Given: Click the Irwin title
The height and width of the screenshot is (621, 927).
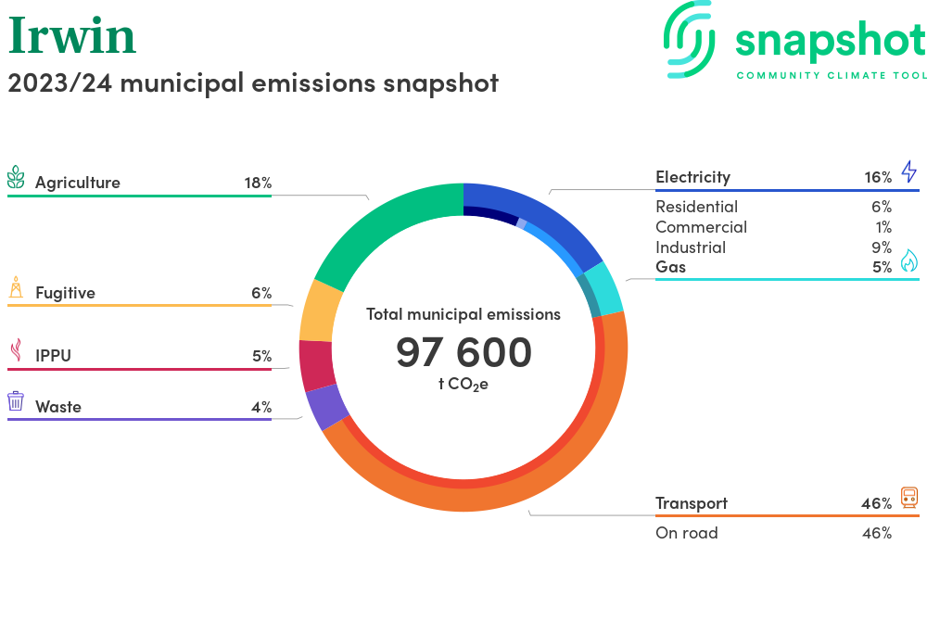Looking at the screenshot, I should click(72, 37).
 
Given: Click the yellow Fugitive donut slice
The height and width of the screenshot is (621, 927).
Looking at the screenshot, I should click(322, 310).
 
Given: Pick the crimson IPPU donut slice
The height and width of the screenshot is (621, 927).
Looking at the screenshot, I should click(317, 365).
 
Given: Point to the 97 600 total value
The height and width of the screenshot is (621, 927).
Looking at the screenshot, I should click(463, 352).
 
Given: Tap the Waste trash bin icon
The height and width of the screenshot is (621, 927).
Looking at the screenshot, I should click(16, 401).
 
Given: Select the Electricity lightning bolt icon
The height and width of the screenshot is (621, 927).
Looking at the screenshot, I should click(908, 171).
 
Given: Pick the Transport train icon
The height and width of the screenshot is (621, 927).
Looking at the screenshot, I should click(908, 498).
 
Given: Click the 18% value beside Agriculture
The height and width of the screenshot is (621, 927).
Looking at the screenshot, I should click(258, 183).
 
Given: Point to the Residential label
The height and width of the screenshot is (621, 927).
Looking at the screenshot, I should click(696, 207).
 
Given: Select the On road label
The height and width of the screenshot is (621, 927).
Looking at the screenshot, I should click(686, 533).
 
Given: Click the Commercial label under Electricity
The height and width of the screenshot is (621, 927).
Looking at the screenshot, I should click(701, 227).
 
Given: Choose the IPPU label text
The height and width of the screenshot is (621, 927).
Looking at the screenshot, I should click(53, 356).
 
